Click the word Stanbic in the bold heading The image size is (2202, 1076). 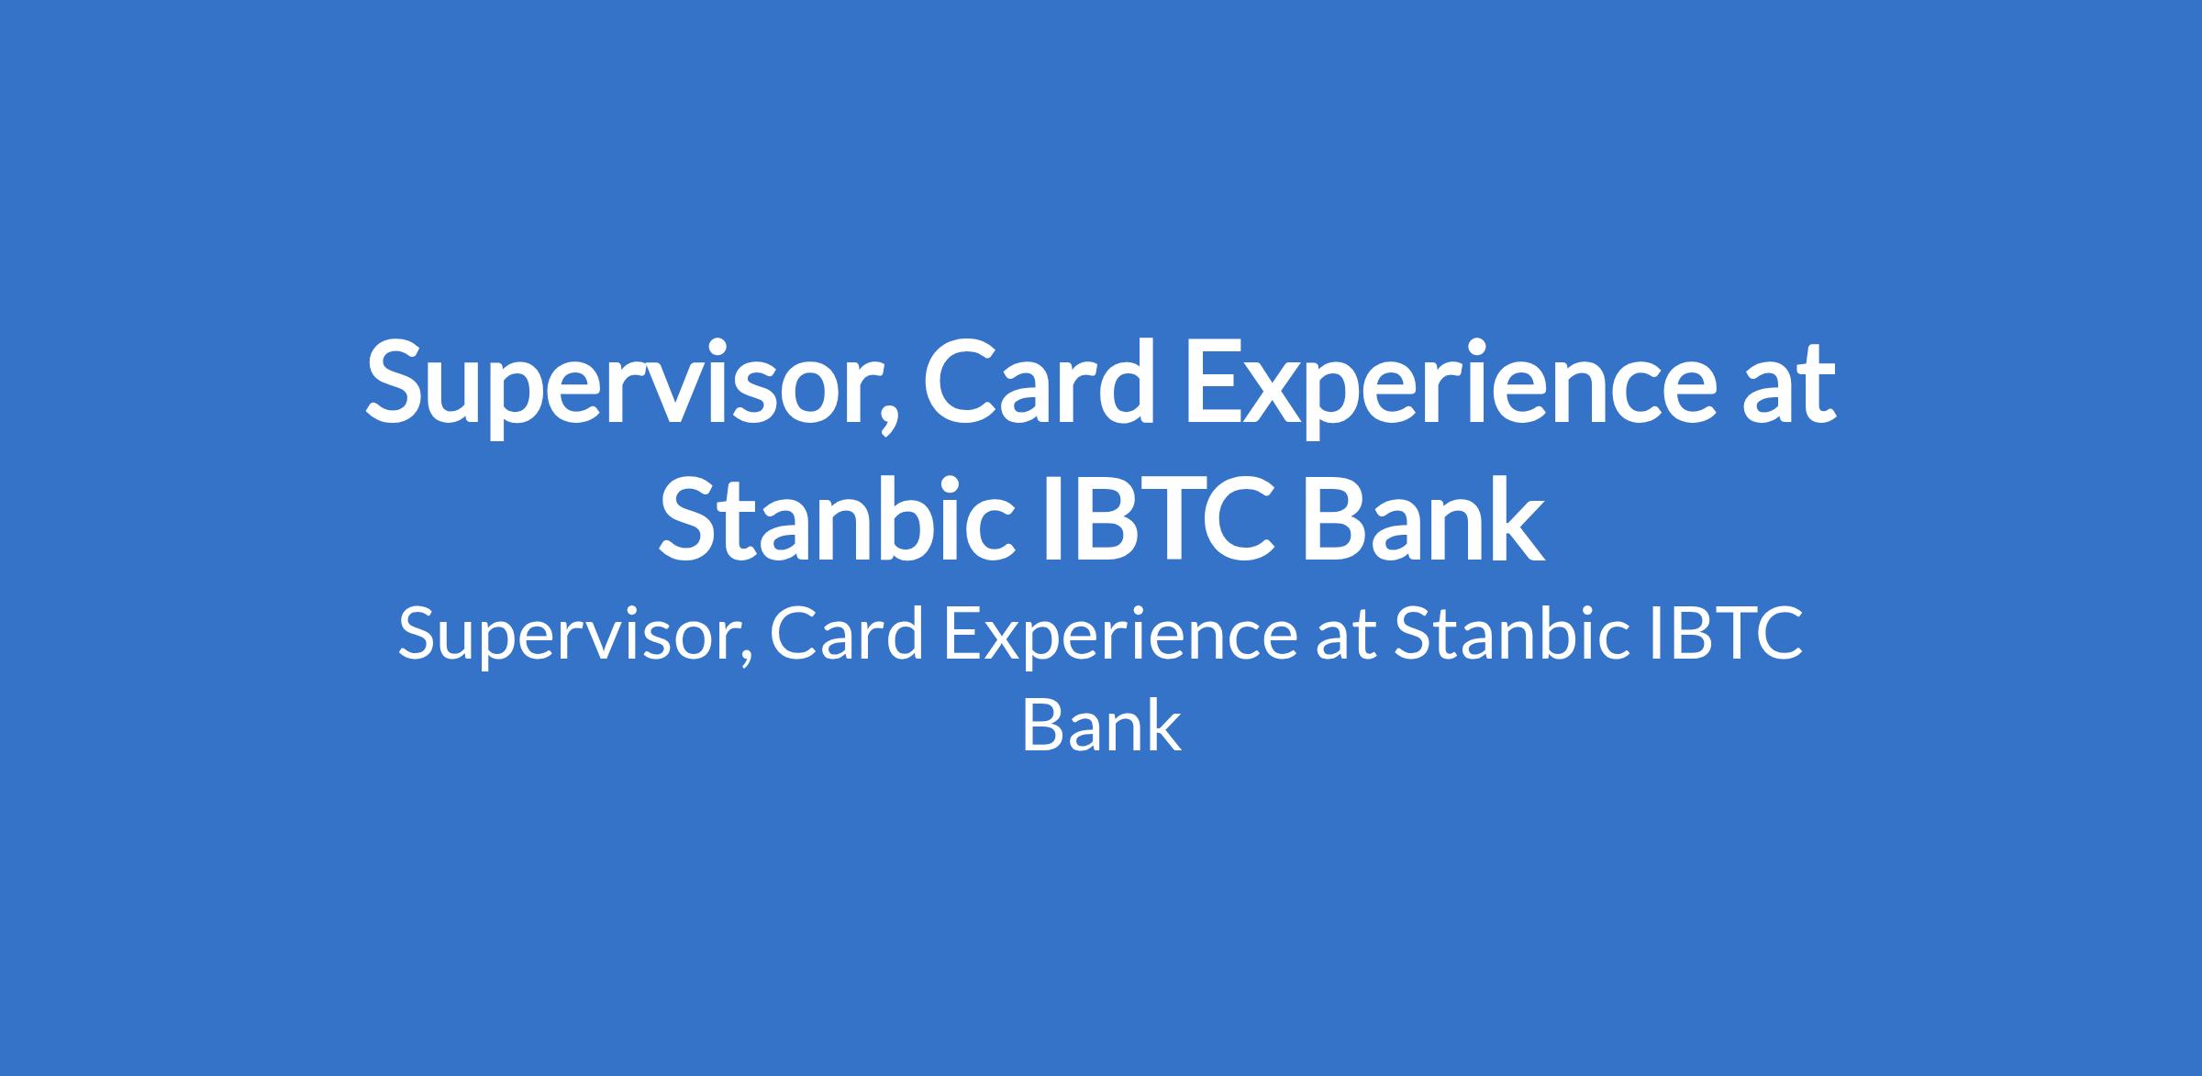[829, 515]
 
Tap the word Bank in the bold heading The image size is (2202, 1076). [1421, 515]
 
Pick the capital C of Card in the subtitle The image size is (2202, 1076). [795, 634]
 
